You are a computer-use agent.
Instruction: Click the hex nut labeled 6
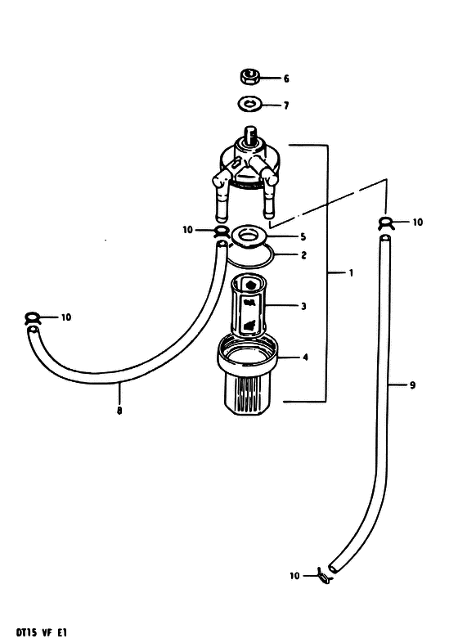[249, 77]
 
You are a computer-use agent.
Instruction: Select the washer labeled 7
[249, 103]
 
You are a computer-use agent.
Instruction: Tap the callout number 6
[286, 79]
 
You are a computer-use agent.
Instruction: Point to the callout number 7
[286, 106]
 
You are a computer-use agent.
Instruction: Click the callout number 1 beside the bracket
[351, 272]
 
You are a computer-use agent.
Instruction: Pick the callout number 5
[303, 236]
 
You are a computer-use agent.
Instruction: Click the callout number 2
[303, 255]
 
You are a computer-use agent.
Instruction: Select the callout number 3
[303, 306]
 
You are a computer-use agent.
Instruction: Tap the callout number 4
[305, 357]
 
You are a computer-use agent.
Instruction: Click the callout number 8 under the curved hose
[119, 411]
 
